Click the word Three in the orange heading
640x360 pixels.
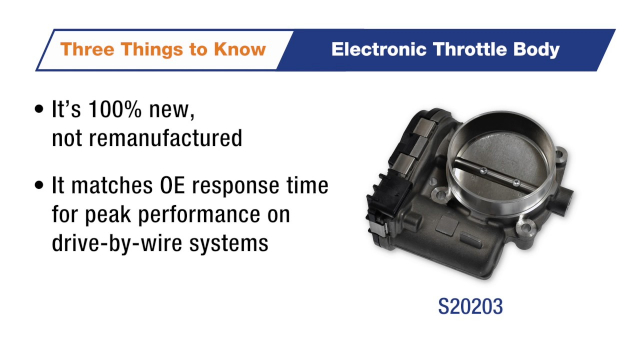pos(87,49)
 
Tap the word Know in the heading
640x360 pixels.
pos(240,49)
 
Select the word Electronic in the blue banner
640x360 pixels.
pos(378,49)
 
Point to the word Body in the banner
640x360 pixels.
pos(537,50)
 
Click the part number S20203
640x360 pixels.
pos(470,307)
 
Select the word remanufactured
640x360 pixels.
pos(165,138)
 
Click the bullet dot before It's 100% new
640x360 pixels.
pos(39,109)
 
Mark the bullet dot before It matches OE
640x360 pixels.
pos(39,185)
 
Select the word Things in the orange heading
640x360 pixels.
pos(152,50)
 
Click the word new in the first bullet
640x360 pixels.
pos(172,111)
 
